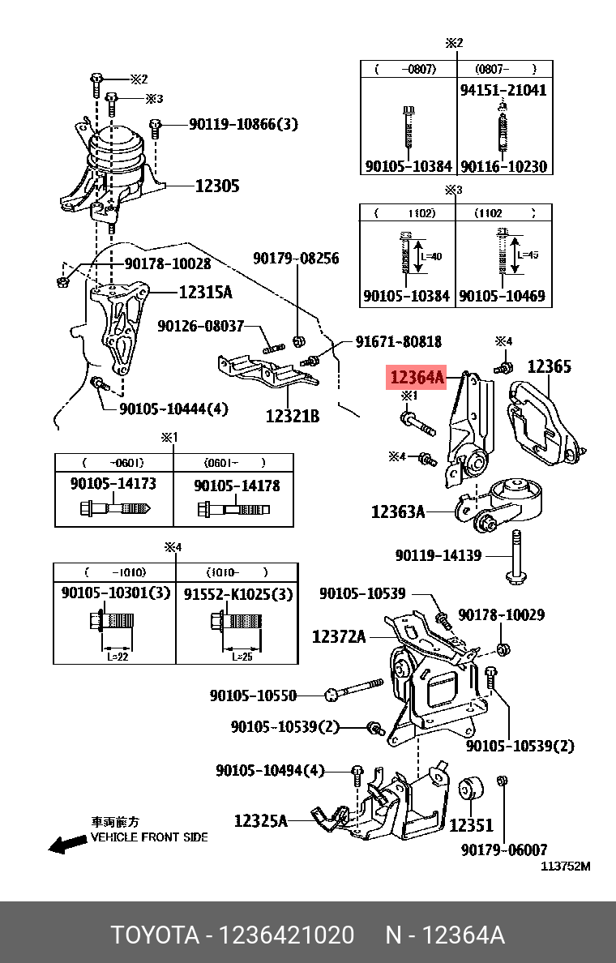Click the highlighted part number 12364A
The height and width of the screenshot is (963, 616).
pos(417,377)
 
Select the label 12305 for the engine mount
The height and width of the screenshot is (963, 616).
pos(216,186)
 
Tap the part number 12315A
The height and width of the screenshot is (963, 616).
pos(205,293)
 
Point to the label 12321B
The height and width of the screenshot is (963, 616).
pos(292,417)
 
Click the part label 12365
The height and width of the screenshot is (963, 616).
pos(550,367)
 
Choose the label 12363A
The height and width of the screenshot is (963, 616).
pos(398,511)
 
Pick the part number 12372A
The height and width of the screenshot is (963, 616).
pos(339,637)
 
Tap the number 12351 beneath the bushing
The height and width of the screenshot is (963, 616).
pos(471,826)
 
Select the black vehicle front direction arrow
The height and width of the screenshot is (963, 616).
pos(66,844)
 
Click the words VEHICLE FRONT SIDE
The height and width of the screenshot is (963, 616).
pos(149,837)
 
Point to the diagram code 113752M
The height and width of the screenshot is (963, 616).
pos(566,866)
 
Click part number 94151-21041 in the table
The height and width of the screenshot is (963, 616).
pos(503,90)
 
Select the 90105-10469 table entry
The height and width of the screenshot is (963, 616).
pos(502,296)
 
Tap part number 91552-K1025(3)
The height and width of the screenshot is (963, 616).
pos(237,593)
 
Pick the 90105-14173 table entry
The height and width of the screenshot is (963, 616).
pos(113,484)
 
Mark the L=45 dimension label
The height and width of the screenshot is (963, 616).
pos(528,255)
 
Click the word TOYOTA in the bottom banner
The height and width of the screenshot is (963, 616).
pos(155,935)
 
